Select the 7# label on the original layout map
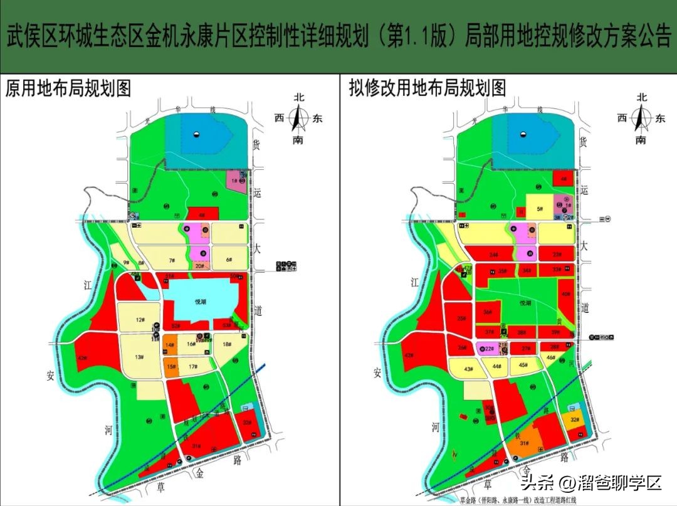point(170,260)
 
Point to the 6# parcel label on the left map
point(229,260)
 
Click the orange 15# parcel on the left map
point(171,367)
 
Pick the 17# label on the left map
point(193,367)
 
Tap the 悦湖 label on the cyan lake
point(200,302)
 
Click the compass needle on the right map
point(641,117)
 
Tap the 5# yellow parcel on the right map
point(538,209)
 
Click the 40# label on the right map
point(566,294)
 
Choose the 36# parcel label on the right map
point(486,312)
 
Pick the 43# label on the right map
point(468,369)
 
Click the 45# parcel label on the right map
point(523,366)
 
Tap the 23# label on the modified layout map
point(557,255)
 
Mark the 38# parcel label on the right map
point(521,332)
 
